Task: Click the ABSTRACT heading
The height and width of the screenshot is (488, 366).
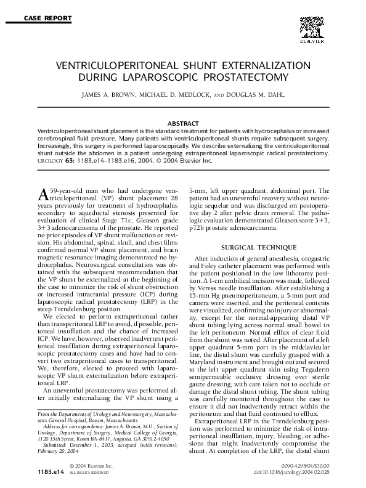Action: pyautogui.click(x=182, y=123)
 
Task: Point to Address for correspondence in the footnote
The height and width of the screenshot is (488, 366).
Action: pyautogui.click(x=74, y=425)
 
